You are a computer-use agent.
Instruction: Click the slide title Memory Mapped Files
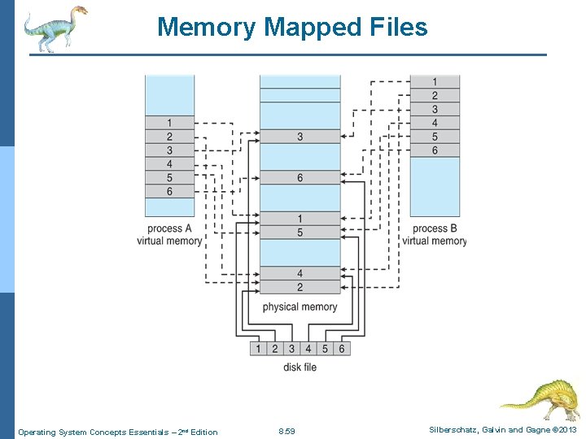coord(292,27)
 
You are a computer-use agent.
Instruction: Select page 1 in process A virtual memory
coord(169,123)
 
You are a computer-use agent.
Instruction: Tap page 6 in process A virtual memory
coord(169,191)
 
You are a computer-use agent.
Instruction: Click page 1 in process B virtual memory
coord(435,81)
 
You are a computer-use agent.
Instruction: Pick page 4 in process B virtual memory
coord(435,123)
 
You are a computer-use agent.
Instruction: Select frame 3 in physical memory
coord(300,137)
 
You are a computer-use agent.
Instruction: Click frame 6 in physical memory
coord(300,178)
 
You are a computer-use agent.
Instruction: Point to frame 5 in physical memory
coord(300,233)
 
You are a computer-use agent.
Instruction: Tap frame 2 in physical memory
coord(300,287)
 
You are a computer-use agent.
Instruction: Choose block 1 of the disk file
coord(258,349)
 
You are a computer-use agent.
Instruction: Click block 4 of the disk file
coord(308,349)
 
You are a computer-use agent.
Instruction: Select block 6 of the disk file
coord(341,349)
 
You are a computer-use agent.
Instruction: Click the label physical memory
coord(300,306)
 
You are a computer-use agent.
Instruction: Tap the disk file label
coord(300,367)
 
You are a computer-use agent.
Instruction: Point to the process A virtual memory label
coord(169,235)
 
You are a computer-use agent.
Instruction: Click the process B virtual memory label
coord(435,235)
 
